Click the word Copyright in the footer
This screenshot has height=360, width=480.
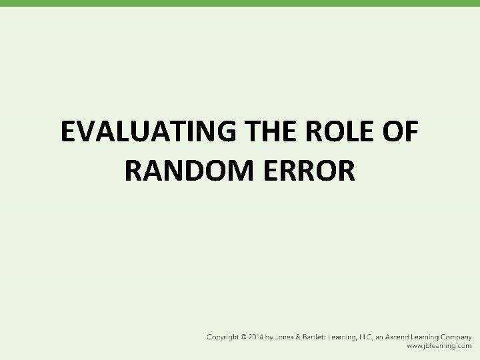tap(223, 338)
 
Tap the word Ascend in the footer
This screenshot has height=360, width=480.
tap(391, 338)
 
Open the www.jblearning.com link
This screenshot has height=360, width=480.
tap(440, 347)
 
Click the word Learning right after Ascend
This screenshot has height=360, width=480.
tap(421, 338)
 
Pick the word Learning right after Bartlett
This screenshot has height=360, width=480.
tap(347, 338)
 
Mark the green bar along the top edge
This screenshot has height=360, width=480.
tap(240, 3)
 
